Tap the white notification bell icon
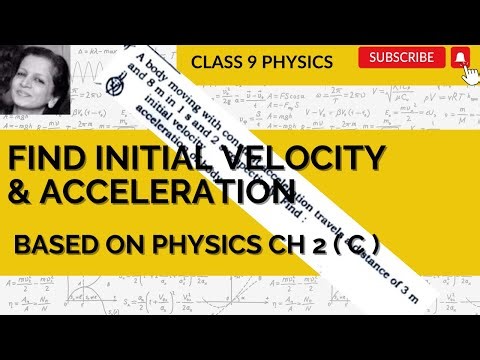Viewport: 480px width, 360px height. (x=459, y=58)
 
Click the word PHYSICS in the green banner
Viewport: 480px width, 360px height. (x=298, y=62)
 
